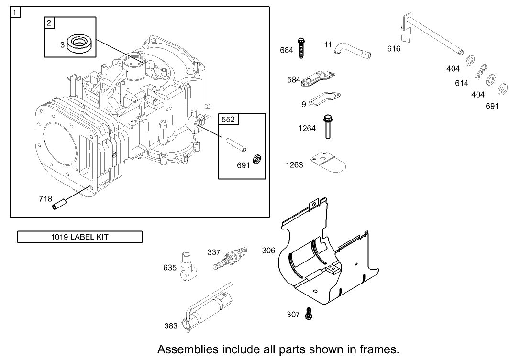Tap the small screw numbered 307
click(x=308, y=314)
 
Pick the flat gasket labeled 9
click(x=324, y=99)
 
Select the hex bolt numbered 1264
click(x=328, y=127)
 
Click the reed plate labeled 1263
click(x=328, y=162)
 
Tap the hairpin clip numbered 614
click(x=481, y=72)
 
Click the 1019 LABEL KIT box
click(x=80, y=237)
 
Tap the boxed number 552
click(x=228, y=120)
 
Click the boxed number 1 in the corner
click(x=15, y=12)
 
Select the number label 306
click(x=268, y=250)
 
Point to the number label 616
click(x=394, y=49)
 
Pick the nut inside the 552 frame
click(x=256, y=159)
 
